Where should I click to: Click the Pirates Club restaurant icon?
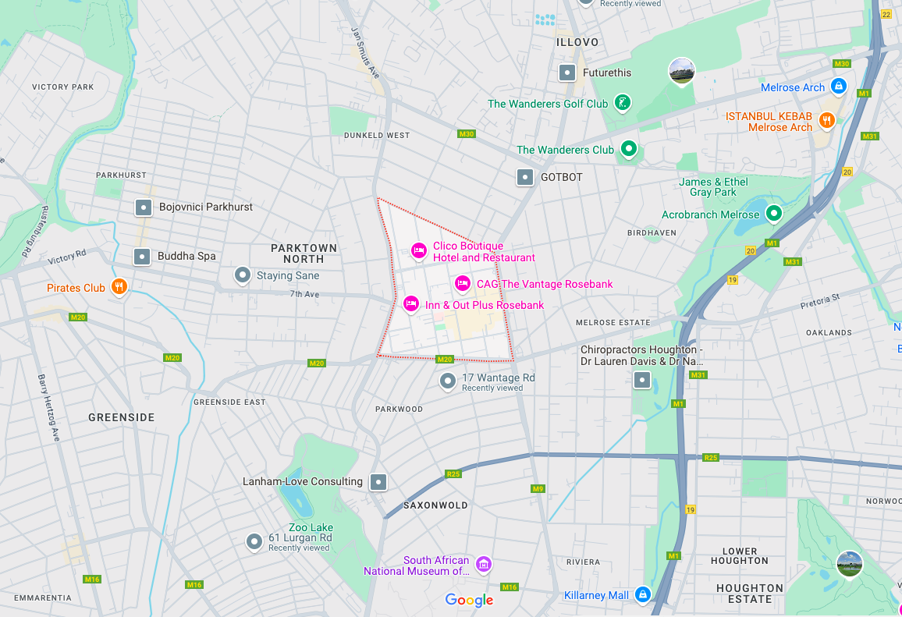[x=119, y=287]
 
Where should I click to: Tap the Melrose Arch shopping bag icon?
[x=838, y=86]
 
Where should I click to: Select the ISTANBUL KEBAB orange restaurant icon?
[x=827, y=120]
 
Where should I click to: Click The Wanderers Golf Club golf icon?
[x=622, y=102]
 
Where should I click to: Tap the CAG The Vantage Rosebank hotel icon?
[x=463, y=283]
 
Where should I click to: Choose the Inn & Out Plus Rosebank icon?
[x=411, y=303]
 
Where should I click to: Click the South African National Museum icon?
[x=483, y=564]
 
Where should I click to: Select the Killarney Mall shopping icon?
[x=642, y=594]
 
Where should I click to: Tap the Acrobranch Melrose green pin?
[x=773, y=213]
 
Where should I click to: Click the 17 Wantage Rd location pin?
[x=448, y=381]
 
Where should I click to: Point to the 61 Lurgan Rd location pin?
[x=254, y=541]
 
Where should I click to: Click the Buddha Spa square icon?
[x=142, y=256]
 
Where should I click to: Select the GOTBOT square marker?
[x=526, y=177]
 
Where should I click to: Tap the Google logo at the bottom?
[x=469, y=600]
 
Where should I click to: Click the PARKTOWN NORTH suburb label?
[x=304, y=254]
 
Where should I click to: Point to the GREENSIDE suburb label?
[x=121, y=417]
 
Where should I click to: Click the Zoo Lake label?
[x=311, y=527]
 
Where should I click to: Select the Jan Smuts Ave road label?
[x=364, y=52]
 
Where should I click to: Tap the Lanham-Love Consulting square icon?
[x=378, y=482]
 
